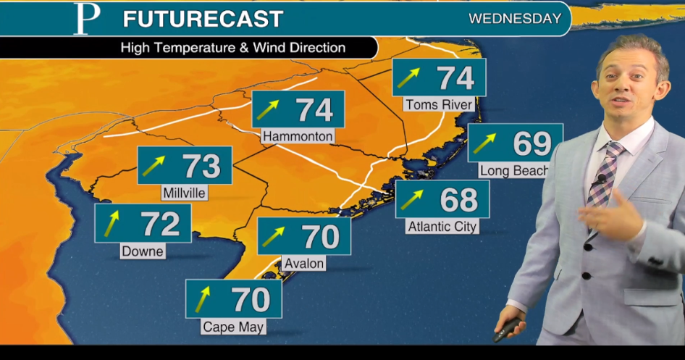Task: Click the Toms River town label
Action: point(439,105)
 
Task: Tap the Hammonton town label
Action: point(298,136)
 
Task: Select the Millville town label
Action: point(185,193)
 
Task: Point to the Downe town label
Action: point(143,251)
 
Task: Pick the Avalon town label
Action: point(304,264)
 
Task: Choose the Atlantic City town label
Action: point(442,227)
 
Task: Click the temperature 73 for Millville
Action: point(201,166)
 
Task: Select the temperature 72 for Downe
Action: point(161,224)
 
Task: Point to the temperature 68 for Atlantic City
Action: point(458,199)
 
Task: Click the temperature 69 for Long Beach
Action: point(533,143)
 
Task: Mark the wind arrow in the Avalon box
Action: point(274,236)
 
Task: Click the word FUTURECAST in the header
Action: point(203,20)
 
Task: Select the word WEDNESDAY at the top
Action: point(515,19)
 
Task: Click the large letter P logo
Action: point(85,19)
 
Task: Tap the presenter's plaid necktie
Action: point(604,175)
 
